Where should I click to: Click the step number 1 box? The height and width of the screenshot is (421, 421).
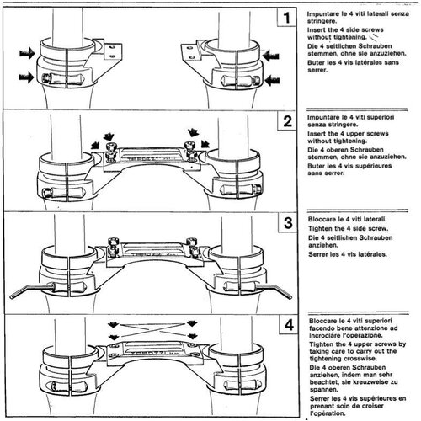(x=287, y=18)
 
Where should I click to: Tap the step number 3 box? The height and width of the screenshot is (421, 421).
(x=287, y=223)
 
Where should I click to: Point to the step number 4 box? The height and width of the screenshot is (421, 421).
(x=287, y=325)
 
